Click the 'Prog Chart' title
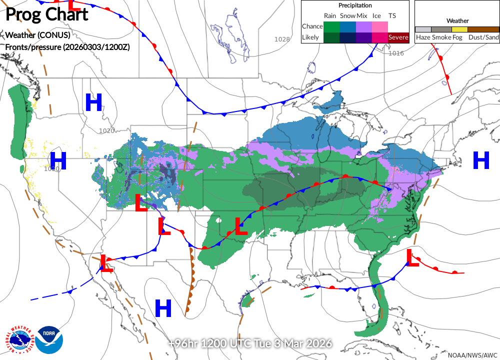(x=46, y=14)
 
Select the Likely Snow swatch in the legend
(x=347, y=37)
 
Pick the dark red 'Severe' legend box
(x=398, y=37)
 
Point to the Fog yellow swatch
(x=459, y=29)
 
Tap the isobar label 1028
(x=282, y=39)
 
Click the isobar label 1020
(x=106, y=131)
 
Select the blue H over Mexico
(x=163, y=308)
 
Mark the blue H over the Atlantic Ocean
(x=481, y=160)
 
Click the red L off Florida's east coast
(x=412, y=258)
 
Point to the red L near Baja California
(x=106, y=262)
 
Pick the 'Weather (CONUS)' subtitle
(x=37, y=35)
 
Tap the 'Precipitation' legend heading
(x=355, y=5)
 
